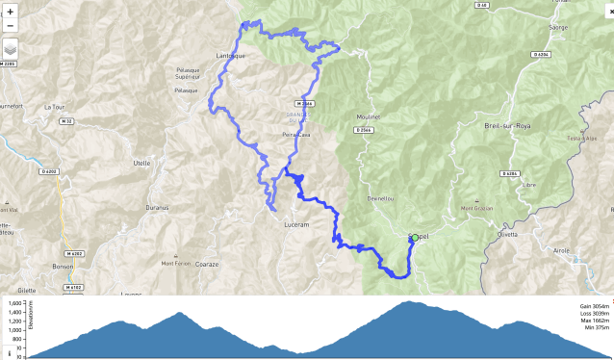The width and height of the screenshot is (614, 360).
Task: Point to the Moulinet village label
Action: tap(370, 117)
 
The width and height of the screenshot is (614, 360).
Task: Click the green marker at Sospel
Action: tap(415, 237)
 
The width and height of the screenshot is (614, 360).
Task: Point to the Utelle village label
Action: tap(141, 163)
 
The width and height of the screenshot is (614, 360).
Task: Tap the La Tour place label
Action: tap(53, 107)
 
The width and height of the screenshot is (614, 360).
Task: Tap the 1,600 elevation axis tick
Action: tap(14, 302)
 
